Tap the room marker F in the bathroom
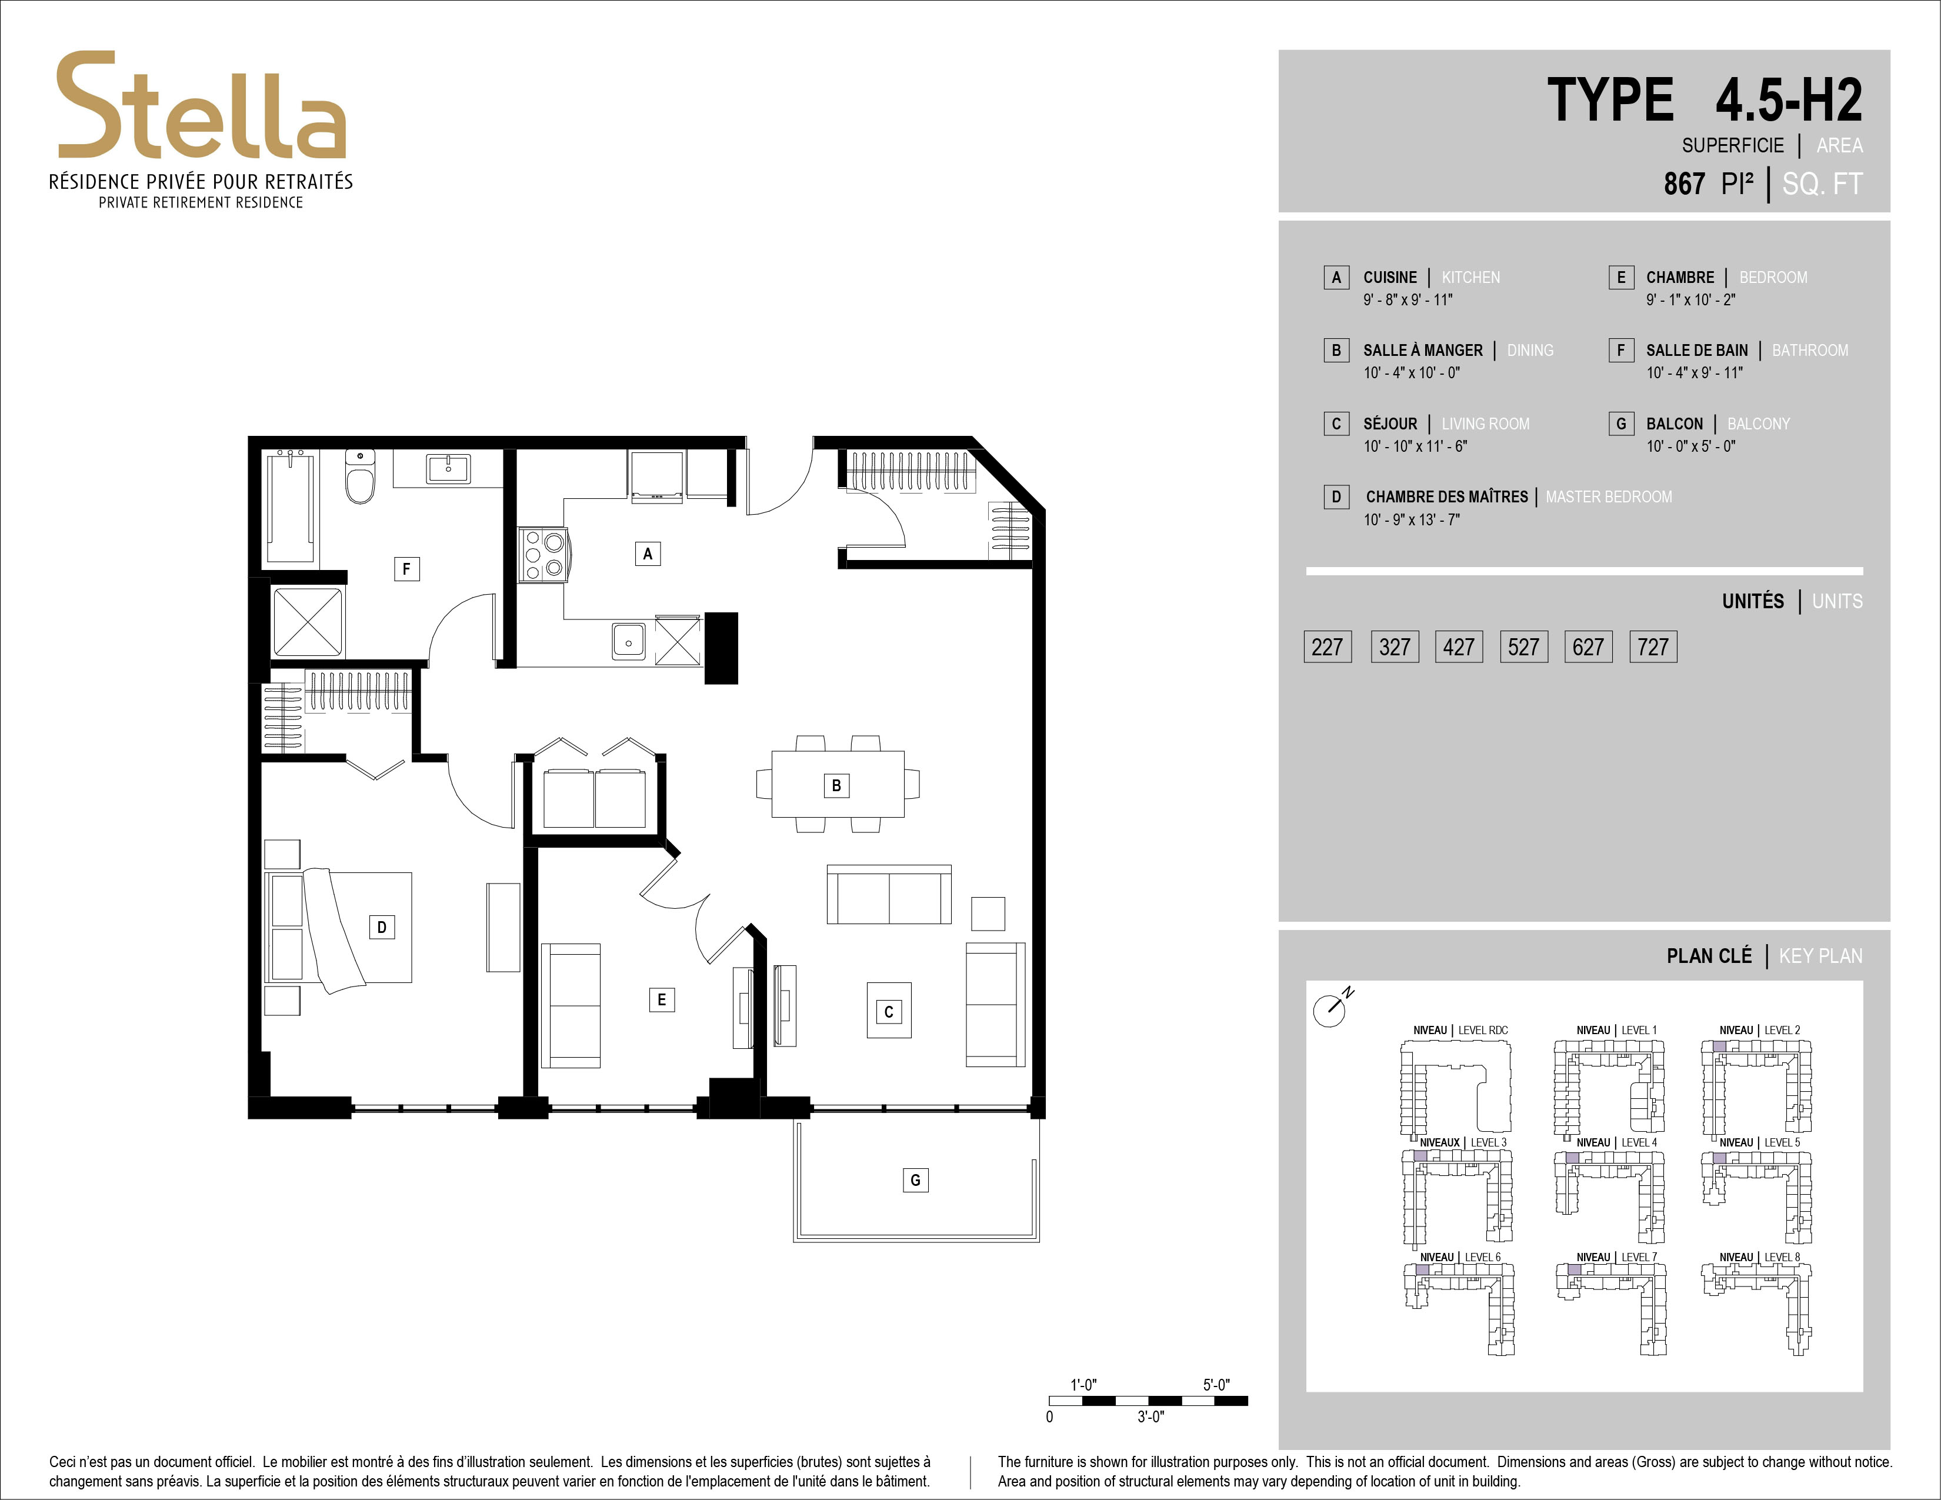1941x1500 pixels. pyautogui.click(x=406, y=569)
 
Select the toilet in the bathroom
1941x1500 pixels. pyautogui.click(x=360, y=476)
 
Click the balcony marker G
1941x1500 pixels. pyautogui.click(x=915, y=1180)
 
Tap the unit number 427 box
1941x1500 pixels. pyautogui.click(x=1459, y=647)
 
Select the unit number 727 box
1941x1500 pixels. pyautogui.click(x=1653, y=647)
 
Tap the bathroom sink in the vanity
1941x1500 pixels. pyautogui.click(x=448, y=468)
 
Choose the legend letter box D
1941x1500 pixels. pyautogui.click(x=1336, y=496)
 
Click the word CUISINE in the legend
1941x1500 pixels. pyautogui.click(x=1390, y=277)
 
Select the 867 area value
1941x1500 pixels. pyautogui.click(x=1684, y=184)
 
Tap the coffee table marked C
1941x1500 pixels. pyautogui.click(x=889, y=1011)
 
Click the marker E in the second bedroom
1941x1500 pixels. pyautogui.click(x=661, y=999)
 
